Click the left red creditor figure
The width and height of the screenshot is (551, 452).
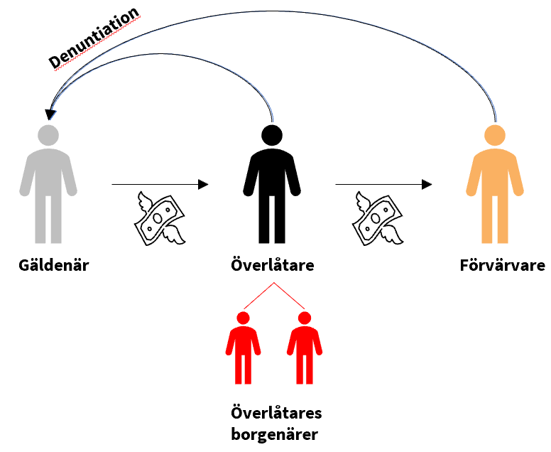click(243, 348)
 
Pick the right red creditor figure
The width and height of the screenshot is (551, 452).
click(304, 348)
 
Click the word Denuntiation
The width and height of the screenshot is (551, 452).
click(94, 38)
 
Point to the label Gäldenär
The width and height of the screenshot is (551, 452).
click(55, 267)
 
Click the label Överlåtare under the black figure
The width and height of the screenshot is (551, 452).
click(273, 267)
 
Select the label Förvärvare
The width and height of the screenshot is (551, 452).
click(502, 267)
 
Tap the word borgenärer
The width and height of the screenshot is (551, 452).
click(274, 433)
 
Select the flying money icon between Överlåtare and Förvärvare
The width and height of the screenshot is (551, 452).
click(378, 218)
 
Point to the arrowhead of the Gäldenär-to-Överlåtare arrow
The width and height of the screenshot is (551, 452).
click(203, 185)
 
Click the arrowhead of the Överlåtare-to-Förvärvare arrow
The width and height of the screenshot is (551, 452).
click(427, 185)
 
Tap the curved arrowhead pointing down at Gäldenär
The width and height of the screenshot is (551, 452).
click(49, 114)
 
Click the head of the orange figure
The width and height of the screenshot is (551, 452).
click(495, 135)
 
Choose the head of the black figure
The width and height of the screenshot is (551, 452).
click(272, 135)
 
